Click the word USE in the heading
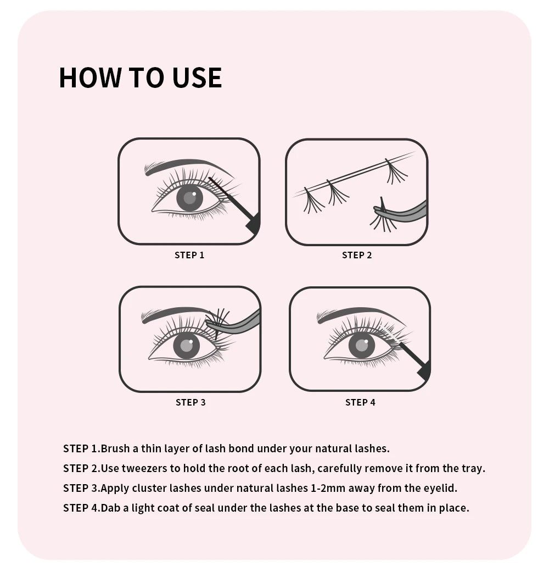coord(197,77)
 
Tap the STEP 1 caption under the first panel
coord(189,255)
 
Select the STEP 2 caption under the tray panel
coord(357,255)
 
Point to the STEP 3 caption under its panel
coord(191,402)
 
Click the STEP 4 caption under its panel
coord(360,402)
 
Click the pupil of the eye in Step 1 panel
coord(189,198)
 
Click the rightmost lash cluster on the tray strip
coord(395,171)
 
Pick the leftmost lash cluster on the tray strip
coord(313,201)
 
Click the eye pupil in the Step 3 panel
coord(187,346)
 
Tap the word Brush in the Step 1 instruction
coord(115,448)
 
